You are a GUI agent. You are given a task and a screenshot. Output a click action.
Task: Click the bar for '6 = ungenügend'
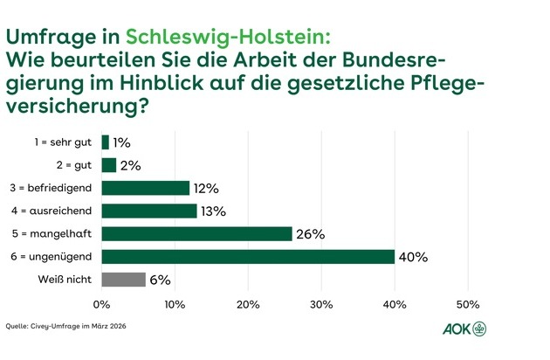click(x=248, y=257)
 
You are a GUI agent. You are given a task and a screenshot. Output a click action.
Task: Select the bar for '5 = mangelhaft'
click(x=196, y=234)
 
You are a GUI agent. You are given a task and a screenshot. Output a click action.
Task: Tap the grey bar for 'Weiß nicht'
click(x=123, y=280)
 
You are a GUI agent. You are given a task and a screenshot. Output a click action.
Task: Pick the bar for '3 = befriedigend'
click(x=145, y=188)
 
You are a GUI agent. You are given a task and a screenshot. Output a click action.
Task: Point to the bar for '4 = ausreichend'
click(x=149, y=211)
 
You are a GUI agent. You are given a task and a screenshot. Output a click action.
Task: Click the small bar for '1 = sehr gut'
click(x=106, y=142)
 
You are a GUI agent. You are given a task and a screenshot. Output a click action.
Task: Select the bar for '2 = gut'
click(x=109, y=165)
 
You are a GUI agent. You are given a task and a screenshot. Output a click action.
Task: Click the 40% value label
click(x=413, y=257)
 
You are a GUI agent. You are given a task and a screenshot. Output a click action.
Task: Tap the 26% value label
click(x=311, y=234)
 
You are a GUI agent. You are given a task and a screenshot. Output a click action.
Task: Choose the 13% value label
click(x=213, y=211)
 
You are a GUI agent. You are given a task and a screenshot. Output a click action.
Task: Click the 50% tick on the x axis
click(x=468, y=304)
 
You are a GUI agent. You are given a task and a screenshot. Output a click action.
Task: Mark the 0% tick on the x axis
click(x=102, y=304)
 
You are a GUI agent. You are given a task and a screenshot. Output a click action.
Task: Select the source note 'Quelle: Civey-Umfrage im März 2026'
click(x=59, y=326)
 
